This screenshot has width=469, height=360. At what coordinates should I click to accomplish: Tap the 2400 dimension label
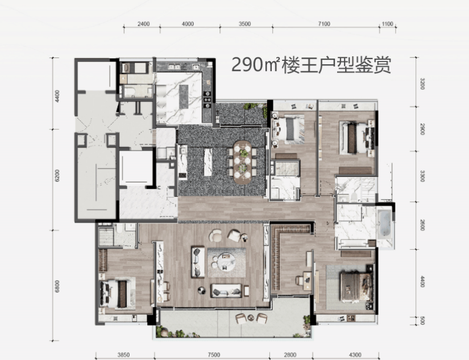click(144, 24)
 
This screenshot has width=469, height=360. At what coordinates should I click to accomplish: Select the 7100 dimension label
click(324, 24)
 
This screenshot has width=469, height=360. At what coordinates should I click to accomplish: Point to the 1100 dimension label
click(387, 24)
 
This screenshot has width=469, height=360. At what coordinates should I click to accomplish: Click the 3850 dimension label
click(123, 355)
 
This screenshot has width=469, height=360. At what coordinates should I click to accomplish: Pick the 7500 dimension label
click(214, 355)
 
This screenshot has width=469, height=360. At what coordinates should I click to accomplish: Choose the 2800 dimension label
click(290, 355)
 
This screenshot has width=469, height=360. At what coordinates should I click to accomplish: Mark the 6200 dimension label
click(57, 176)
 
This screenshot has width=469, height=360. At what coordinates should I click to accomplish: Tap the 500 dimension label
click(422, 321)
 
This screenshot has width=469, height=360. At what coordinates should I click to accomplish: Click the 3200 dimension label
click(422, 84)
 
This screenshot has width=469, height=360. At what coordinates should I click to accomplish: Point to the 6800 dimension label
click(57, 287)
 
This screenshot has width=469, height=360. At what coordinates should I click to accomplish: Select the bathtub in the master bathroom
click(384, 224)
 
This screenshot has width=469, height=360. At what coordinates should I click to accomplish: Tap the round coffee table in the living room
click(226, 262)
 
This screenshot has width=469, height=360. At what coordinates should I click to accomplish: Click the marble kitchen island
click(184, 97)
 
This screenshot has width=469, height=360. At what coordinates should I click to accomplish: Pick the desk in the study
click(307, 281)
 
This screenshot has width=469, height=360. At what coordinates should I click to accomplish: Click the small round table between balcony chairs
click(251, 318)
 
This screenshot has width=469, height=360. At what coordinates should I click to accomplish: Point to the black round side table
click(202, 290)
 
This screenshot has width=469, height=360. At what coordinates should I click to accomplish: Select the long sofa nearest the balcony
click(226, 291)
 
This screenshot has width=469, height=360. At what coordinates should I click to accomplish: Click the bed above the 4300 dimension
click(356, 287)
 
